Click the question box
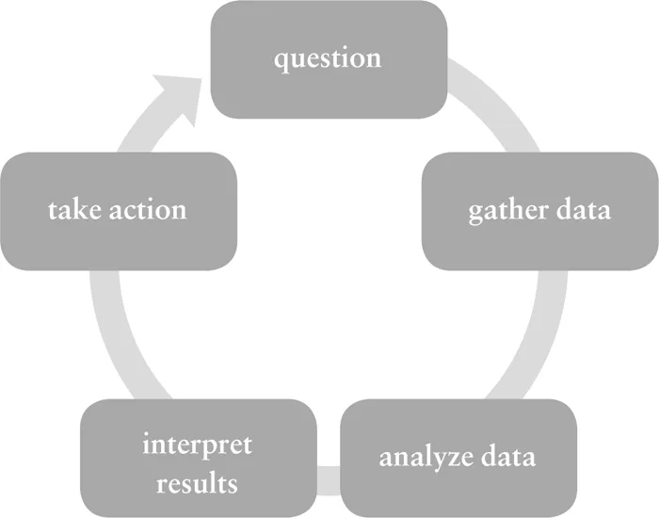coord(328,57)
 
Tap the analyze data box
coord(458,458)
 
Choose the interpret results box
coord(198,458)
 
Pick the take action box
coord(118,209)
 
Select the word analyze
coord(424,459)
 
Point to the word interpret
coord(198,443)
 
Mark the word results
coord(198,483)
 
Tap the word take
coord(73,209)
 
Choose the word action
coord(146,209)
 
